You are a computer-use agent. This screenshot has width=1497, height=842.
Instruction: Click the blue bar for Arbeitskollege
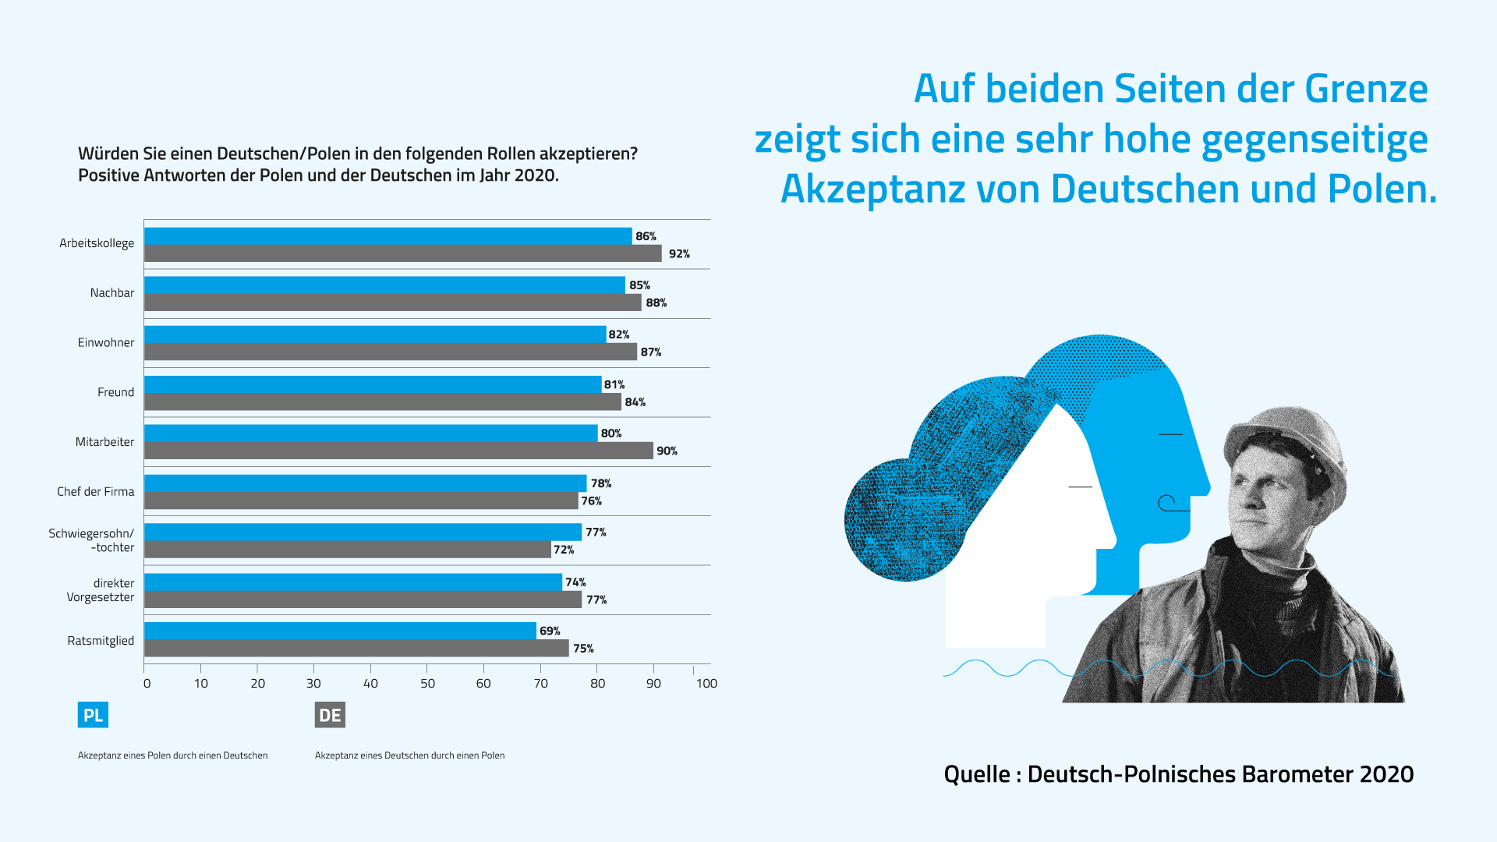(388, 236)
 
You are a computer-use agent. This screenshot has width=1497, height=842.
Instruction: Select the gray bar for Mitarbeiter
(398, 451)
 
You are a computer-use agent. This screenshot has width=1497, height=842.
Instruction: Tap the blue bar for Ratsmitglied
(340, 631)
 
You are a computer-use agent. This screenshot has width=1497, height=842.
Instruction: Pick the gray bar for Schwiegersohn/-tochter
(348, 550)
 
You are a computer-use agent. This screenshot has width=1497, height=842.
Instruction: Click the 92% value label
(679, 254)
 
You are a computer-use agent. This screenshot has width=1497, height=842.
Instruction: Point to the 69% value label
(550, 631)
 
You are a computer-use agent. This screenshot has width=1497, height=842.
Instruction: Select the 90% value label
(667, 451)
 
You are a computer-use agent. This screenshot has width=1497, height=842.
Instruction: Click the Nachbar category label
(111, 293)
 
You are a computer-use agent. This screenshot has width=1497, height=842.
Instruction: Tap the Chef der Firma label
(95, 492)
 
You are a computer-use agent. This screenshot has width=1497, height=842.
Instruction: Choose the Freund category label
(115, 392)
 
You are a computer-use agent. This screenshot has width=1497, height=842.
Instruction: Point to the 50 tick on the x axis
(427, 684)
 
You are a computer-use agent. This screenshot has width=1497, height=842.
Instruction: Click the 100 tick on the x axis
(706, 684)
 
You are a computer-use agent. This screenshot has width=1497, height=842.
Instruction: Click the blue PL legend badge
(93, 715)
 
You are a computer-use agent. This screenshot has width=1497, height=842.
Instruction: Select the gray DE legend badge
(330, 715)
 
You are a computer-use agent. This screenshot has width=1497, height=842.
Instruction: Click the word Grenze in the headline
(1366, 89)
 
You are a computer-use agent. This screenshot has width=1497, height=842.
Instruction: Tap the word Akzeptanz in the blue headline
(872, 189)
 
